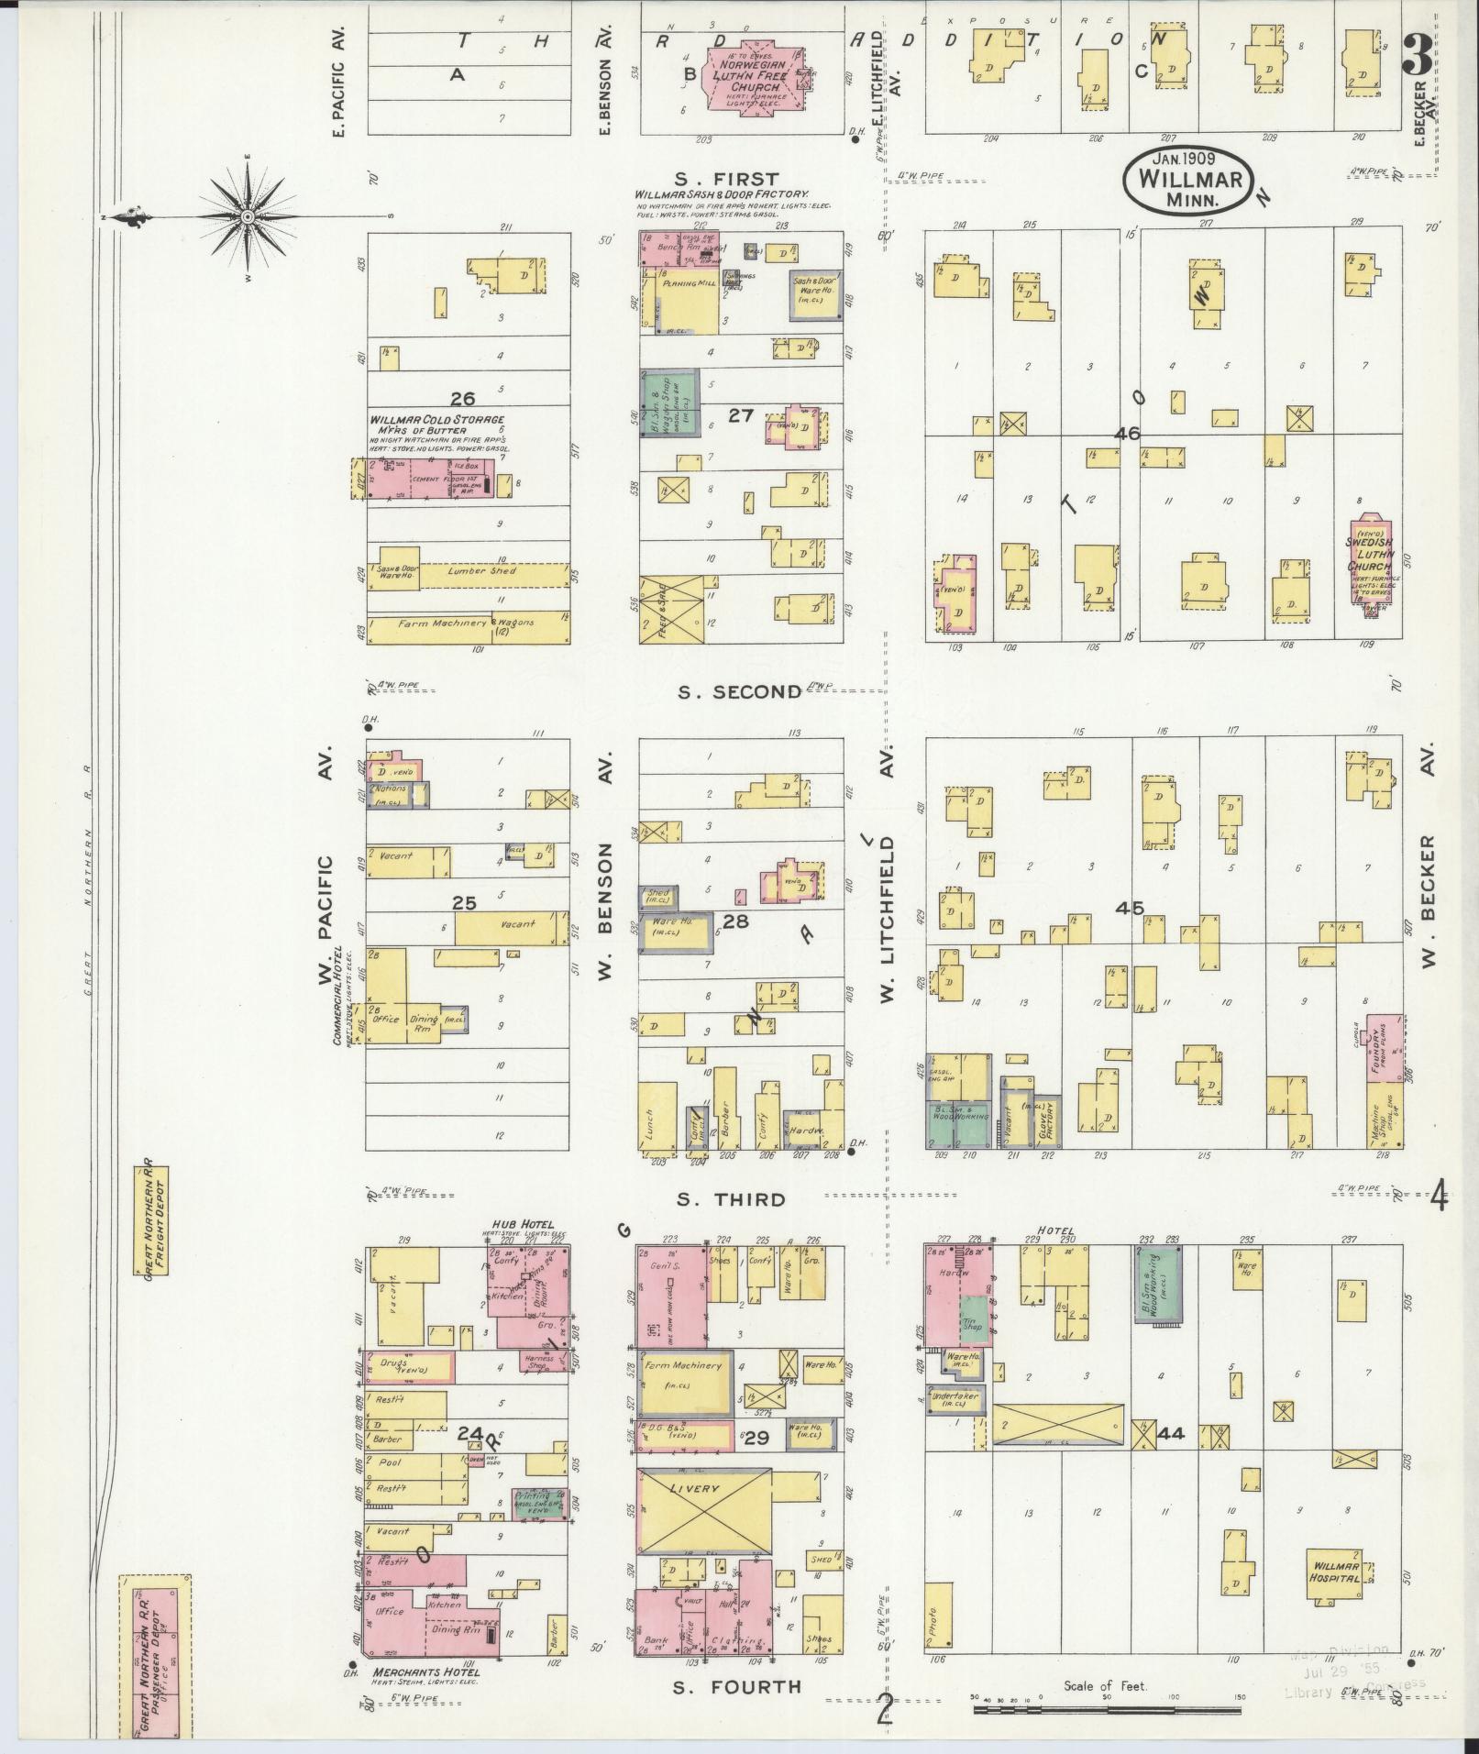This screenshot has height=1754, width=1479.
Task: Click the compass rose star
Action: click(x=248, y=216)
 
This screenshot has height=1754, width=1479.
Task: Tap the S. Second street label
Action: click(x=739, y=692)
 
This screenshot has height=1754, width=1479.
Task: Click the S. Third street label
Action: click(x=731, y=1199)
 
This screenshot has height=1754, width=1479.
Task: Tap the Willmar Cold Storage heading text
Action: click(x=436, y=420)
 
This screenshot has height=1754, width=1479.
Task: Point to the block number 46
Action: click(x=1128, y=434)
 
